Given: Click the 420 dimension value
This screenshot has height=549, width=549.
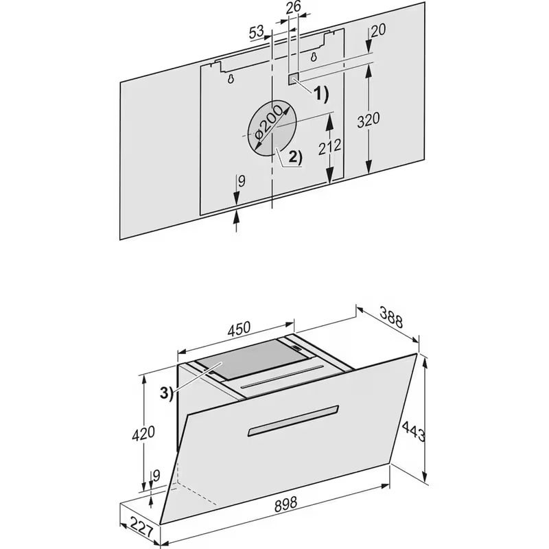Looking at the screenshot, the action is coord(143,432).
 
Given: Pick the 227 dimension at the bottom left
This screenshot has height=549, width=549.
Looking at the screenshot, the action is coord(141,528).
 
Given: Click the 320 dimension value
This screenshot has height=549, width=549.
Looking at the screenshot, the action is coord(369,119).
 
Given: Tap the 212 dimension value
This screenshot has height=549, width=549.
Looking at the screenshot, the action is coord(329,146).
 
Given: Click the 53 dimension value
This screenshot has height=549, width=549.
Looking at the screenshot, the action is coord(257,32).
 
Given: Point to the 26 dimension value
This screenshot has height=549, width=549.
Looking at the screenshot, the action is coord(293,8).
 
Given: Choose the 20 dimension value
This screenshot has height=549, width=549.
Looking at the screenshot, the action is coord(378,31).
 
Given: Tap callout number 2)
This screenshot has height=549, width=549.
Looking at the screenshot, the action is coord(295,158).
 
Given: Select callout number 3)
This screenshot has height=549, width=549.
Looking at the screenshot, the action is coord(167,393).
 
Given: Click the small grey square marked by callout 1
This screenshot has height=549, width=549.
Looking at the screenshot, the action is coord(294,79).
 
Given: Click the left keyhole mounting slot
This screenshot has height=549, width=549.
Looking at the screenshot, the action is coord(231,79).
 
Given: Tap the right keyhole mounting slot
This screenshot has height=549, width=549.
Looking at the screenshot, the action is coord(314,56).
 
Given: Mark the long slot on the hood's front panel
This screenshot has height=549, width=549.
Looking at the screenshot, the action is coord(293,421).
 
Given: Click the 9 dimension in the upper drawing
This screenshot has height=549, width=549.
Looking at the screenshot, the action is coord(242,181).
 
